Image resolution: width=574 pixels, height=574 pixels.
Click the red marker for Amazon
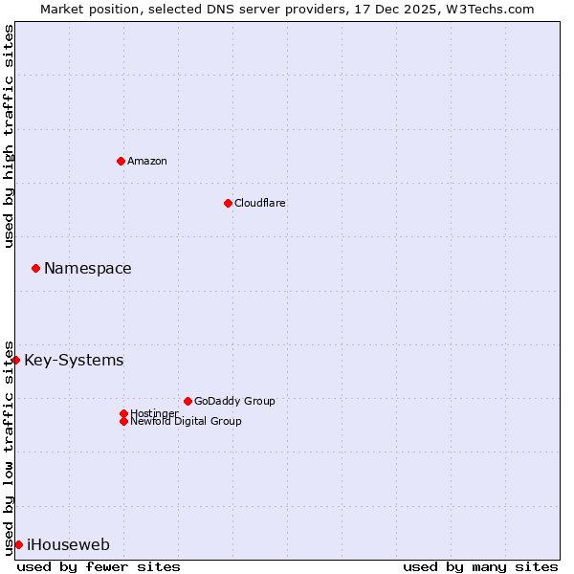click(121, 161)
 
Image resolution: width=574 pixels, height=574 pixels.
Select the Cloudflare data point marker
click(228, 203)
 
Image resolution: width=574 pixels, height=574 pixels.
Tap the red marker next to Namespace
click(35, 268)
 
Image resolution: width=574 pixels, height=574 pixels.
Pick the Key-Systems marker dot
click(16, 360)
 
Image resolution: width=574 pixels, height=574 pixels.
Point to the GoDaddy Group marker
click(188, 401)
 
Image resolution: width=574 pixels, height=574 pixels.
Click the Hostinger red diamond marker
click(123, 413)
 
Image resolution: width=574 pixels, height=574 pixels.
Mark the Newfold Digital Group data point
click(123, 421)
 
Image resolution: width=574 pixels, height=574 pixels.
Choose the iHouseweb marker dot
click(18, 544)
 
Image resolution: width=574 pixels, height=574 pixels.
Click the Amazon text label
click(147, 161)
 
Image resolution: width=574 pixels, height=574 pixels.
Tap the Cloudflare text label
click(260, 203)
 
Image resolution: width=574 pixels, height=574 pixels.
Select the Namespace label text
click(88, 268)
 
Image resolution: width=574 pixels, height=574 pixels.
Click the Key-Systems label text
click(74, 360)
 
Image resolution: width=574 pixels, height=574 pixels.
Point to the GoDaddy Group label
click(234, 401)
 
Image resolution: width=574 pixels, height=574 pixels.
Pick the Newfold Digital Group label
click(187, 422)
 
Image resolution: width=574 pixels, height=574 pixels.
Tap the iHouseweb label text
click(68, 544)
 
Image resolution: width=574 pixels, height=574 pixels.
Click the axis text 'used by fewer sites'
click(99, 566)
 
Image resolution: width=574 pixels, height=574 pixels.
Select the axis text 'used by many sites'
click(480, 566)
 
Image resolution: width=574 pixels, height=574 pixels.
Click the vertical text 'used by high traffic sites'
click(9, 136)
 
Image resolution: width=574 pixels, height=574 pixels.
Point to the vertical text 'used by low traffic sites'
click(9, 448)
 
